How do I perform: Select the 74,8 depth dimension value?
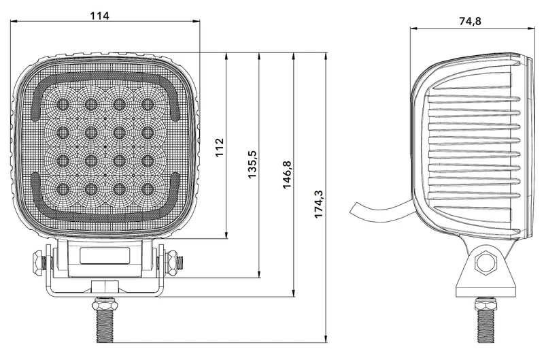(470, 21)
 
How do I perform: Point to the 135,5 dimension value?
(252, 165)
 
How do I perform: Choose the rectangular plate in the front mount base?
(105, 257)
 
